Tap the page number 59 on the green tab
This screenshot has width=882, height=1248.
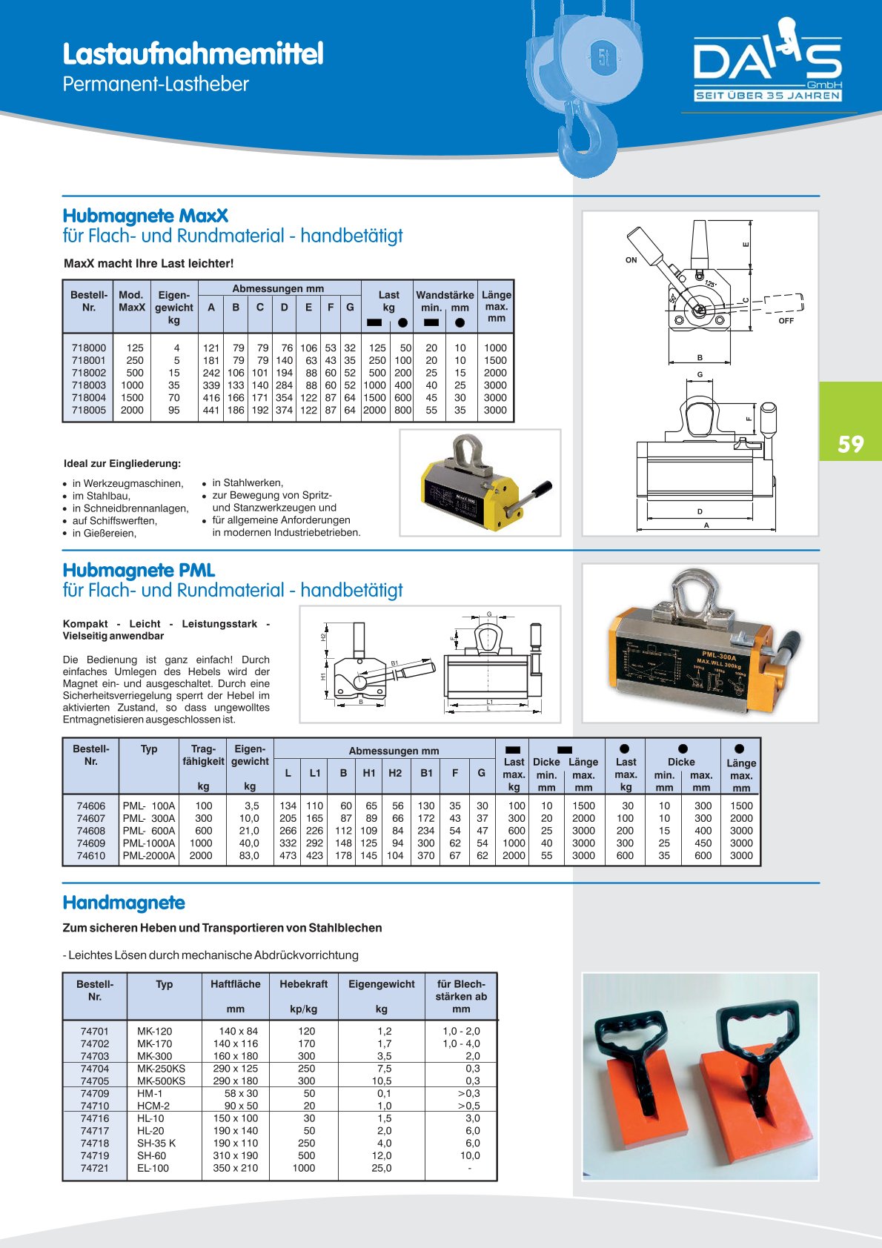tap(851, 444)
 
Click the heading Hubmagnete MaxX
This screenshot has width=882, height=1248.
tap(145, 216)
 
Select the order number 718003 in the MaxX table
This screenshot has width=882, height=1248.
tap(89, 385)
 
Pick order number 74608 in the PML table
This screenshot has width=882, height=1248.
tap(90, 831)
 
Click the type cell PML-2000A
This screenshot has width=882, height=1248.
tap(149, 856)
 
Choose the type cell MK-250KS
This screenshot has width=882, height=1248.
tap(161, 1069)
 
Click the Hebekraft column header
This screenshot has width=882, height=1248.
tap(303, 984)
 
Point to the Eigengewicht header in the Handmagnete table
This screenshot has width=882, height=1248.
tap(381, 984)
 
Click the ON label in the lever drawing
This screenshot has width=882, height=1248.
tap(631, 260)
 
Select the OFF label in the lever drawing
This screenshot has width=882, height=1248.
tap(786, 321)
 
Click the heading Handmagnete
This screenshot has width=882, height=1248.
tap(124, 903)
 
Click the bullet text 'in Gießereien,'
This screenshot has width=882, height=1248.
tap(105, 534)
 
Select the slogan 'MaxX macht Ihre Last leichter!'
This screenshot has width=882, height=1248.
tap(149, 263)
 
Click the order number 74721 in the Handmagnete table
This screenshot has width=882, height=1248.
tap(95, 1168)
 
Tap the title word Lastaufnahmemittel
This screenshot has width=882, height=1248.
tap(193, 54)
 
